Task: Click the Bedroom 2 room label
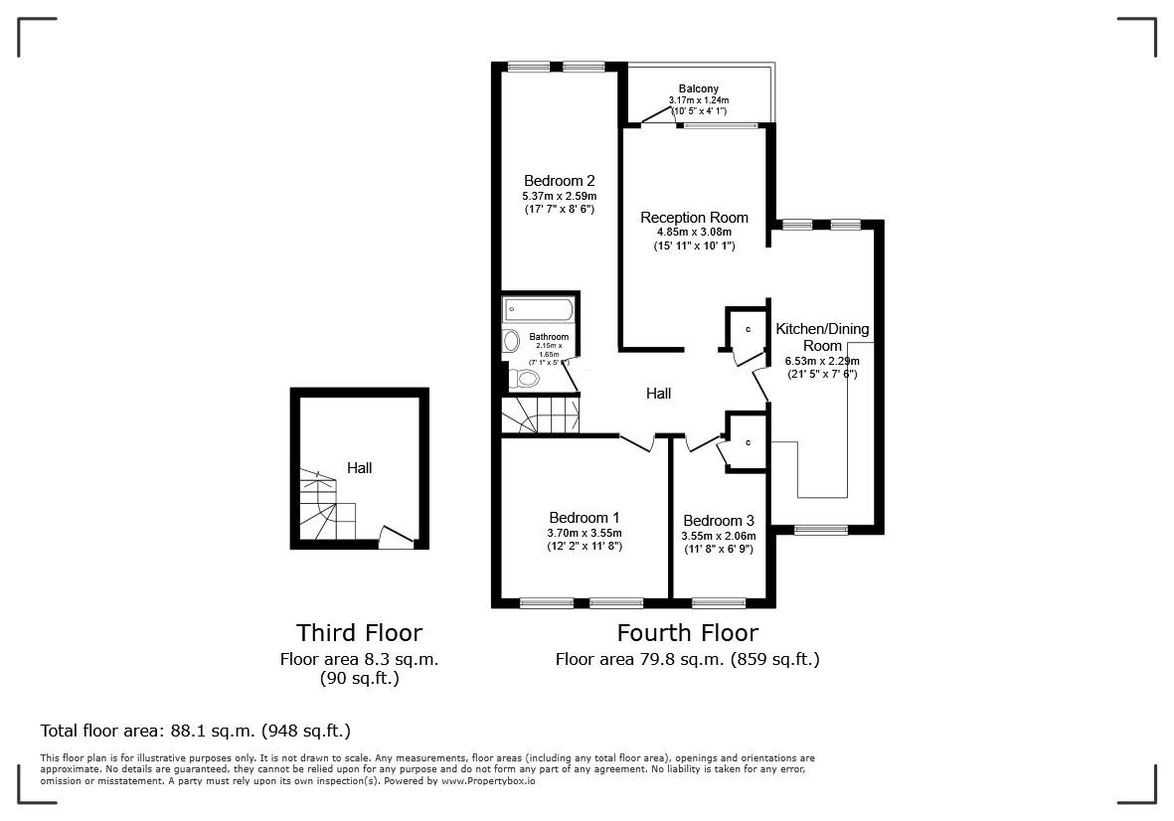559,181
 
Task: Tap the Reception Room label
694,218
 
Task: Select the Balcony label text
699,89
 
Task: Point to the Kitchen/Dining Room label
821,337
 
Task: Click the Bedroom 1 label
585,518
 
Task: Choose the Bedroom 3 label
718,521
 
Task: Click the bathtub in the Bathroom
538,309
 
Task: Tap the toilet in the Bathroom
523,378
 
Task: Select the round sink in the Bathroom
512,342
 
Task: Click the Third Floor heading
359,633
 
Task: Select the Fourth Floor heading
687,633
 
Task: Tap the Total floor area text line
196,731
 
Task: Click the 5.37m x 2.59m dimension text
559,196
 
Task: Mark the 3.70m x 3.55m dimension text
585,533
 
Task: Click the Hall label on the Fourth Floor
658,394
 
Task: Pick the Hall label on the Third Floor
359,467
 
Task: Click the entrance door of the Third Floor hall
397,539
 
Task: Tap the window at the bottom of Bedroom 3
719,602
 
